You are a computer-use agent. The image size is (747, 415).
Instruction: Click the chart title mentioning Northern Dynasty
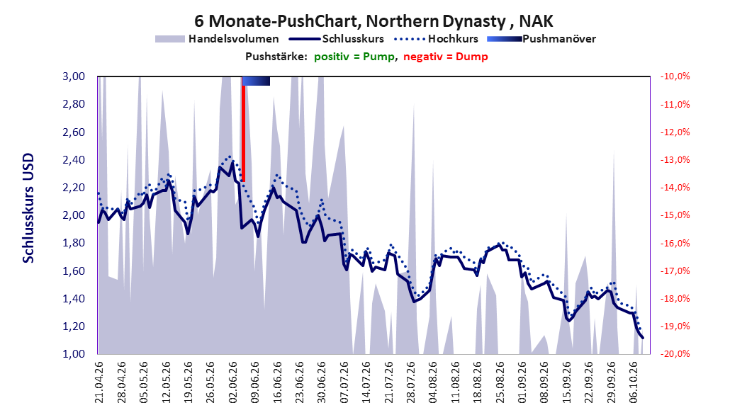[373, 21]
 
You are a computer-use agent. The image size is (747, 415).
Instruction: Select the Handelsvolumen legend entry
[217, 39]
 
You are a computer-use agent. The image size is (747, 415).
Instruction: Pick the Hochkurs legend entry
[436, 39]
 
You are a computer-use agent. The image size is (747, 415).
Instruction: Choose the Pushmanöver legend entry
[541, 39]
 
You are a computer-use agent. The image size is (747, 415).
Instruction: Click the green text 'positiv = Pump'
[354, 57]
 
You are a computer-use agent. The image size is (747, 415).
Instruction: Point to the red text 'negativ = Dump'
[446, 57]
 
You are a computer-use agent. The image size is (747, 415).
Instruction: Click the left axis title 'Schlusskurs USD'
[28, 208]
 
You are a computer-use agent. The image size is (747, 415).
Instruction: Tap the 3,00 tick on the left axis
[74, 76]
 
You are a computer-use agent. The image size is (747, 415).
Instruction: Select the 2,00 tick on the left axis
[74, 215]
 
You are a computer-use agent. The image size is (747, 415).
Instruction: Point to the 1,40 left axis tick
[74, 298]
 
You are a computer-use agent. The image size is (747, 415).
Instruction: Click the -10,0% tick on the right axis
[675, 76]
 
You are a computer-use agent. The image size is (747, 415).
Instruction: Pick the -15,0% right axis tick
[675, 215]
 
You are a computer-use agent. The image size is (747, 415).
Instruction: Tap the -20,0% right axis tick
[675, 354]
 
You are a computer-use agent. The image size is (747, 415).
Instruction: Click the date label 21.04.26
[99, 382]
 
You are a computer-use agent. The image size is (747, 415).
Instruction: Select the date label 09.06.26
[255, 382]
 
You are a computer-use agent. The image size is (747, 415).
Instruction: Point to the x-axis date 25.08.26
[500, 382]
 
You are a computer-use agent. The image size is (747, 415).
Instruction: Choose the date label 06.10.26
[634, 382]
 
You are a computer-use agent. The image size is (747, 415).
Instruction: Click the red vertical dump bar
[243, 129]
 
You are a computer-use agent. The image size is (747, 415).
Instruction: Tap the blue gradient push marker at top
[257, 81]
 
